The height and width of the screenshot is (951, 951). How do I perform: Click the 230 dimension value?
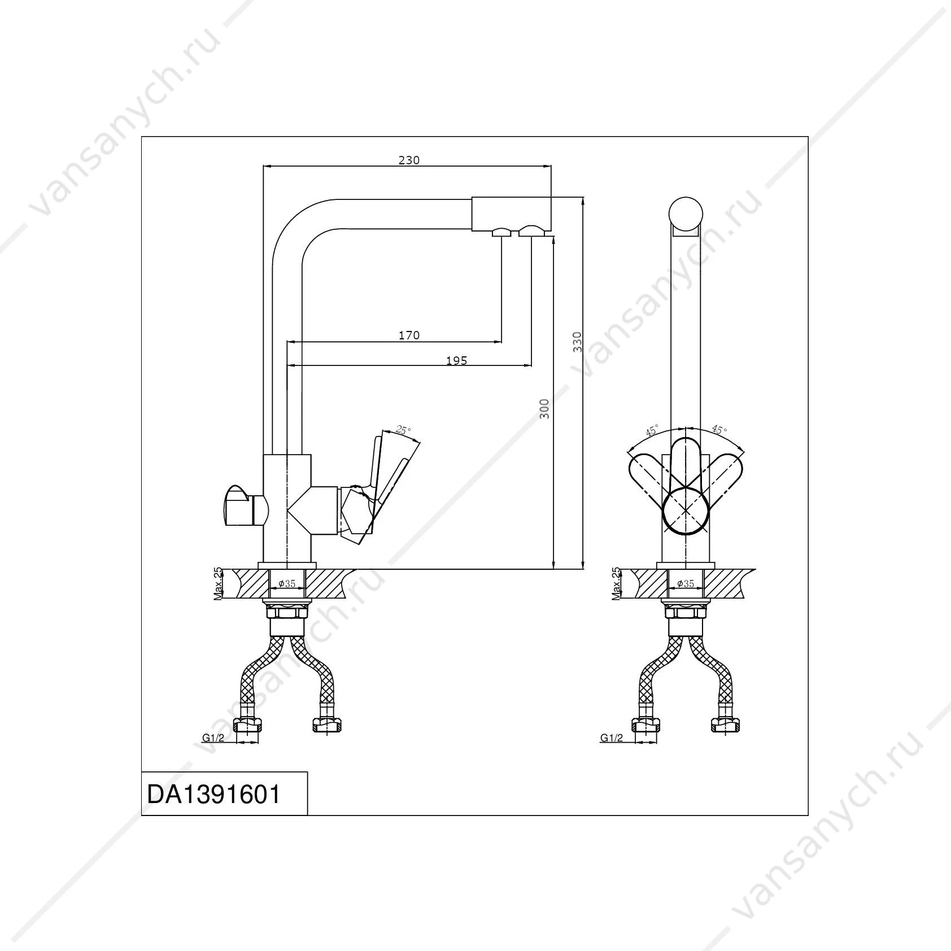coord(409,160)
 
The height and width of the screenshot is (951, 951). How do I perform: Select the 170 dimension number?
coord(409,335)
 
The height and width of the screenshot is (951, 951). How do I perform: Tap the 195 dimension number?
coord(456,360)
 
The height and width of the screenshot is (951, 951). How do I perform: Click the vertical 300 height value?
coord(544,408)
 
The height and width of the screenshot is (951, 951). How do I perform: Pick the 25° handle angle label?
coord(403,430)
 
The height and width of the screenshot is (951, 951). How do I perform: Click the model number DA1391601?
coord(213,795)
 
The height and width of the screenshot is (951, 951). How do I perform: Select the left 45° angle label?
coord(652,431)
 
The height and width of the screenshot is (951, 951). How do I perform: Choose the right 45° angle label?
coord(719,430)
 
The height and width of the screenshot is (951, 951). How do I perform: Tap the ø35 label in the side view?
coord(287,583)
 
